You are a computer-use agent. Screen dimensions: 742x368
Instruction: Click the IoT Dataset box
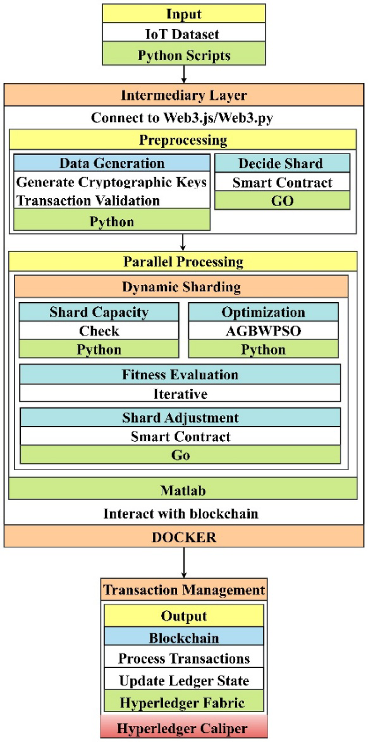pyautogui.click(x=184, y=34)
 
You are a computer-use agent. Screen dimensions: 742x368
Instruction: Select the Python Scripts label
pyautogui.click(x=184, y=55)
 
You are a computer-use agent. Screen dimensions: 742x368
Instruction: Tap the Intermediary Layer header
pyautogui.click(x=184, y=95)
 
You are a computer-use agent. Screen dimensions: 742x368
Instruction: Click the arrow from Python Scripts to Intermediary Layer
pyautogui.click(x=184, y=74)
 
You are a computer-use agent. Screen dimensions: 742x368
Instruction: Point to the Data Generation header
pyautogui.click(x=112, y=163)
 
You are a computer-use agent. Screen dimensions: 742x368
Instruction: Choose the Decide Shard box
pyautogui.click(x=282, y=163)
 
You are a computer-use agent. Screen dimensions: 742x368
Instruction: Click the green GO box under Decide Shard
pyautogui.click(x=282, y=201)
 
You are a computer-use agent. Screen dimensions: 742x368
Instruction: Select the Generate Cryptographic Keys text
pyautogui.click(x=111, y=182)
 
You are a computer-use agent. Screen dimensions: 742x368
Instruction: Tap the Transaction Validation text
pyautogui.click(x=88, y=201)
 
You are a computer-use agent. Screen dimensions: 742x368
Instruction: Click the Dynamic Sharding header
pyautogui.click(x=181, y=287)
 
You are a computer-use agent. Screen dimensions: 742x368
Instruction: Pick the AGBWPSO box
pyautogui.click(x=263, y=331)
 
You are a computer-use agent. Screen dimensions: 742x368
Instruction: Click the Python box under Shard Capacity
pyautogui.click(x=99, y=350)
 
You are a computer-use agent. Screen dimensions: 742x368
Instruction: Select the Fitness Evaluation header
pyautogui.click(x=180, y=374)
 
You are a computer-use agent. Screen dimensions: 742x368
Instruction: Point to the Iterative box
pyautogui.click(x=180, y=394)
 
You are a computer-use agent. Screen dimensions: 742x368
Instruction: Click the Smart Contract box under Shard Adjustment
pyautogui.click(x=180, y=436)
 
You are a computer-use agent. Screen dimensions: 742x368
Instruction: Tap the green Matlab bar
pyautogui.click(x=183, y=490)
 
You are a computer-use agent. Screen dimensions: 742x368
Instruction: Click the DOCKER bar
pyautogui.click(x=184, y=537)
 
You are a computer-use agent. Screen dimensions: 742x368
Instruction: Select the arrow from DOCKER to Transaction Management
pyautogui.click(x=184, y=562)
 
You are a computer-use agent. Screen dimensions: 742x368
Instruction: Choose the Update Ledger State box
pyautogui.click(x=184, y=680)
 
